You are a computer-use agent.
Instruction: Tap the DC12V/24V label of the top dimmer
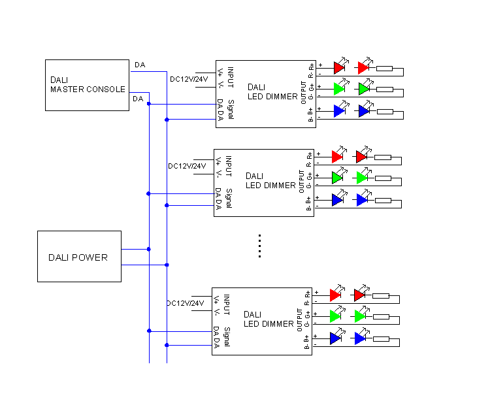tap(189, 79)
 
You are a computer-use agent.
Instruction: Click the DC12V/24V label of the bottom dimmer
tap(186, 303)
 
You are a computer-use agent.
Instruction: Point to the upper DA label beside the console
tap(140, 65)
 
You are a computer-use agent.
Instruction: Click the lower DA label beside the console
tap(138, 99)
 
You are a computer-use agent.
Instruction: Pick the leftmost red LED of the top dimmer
tap(339, 67)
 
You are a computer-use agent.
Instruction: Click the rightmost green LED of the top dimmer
tap(364, 89)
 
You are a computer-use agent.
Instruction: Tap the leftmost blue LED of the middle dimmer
tap(337, 200)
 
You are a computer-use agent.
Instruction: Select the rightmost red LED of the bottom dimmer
tap(360, 295)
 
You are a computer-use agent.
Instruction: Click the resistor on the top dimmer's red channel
tap(384, 69)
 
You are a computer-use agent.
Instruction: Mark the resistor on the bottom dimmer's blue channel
tap(382, 339)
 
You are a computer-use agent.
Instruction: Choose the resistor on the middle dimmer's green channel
tap(383, 178)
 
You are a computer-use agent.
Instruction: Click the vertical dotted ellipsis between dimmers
tap(259, 246)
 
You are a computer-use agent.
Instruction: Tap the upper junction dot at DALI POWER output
tap(149, 250)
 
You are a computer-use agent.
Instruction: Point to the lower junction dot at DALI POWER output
tap(167, 265)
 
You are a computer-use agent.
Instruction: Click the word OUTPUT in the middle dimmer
tap(301, 182)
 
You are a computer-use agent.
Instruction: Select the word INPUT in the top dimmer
tap(231, 77)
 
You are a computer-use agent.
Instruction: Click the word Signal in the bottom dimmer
tap(227, 337)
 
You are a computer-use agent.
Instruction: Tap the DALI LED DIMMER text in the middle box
tap(270, 181)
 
